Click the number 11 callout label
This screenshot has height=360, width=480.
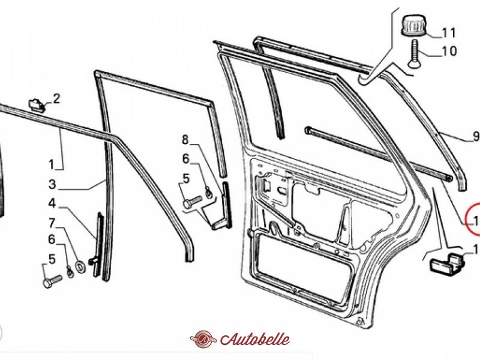[x=449, y=32]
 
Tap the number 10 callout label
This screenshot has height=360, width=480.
[x=449, y=52]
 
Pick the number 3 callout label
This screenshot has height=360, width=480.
[x=52, y=184]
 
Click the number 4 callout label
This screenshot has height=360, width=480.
[x=52, y=203]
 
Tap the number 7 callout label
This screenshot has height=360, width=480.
[x=52, y=223]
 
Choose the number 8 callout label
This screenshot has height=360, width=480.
[x=185, y=140]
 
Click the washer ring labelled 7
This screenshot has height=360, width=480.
[x=80, y=265]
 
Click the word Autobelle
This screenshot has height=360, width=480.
[x=254, y=339]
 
